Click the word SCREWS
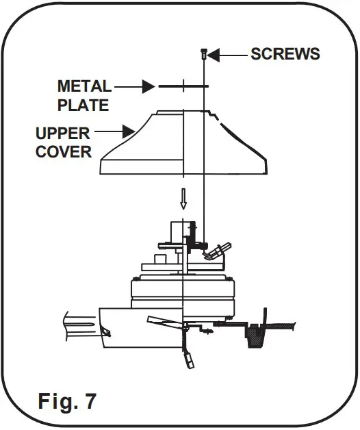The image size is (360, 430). click(x=285, y=54)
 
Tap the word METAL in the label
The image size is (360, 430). click(x=84, y=87)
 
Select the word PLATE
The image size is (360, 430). click(x=83, y=106)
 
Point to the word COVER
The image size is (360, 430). click(x=64, y=151)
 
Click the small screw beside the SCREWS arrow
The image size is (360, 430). click(x=204, y=53)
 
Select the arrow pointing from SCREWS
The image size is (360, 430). click(x=229, y=54)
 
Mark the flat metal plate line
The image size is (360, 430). click(x=183, y=87)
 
